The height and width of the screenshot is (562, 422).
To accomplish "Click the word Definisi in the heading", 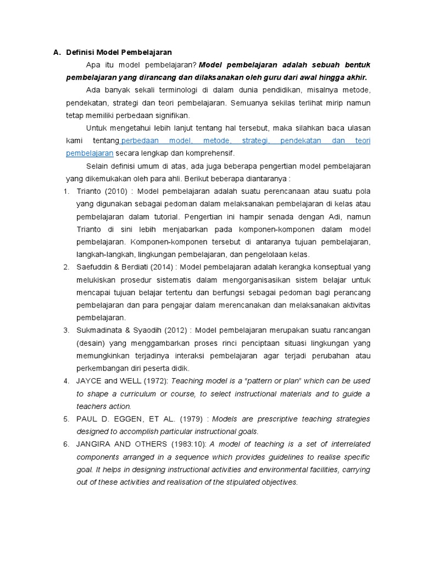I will click(x=80, y=53).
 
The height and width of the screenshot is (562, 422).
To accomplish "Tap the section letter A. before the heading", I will click(x=56, y=53).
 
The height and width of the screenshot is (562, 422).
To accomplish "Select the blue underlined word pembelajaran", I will click(x=89, y=153).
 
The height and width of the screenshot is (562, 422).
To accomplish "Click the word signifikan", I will click(x=172, y=115).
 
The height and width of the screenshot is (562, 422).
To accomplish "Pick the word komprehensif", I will click(x=214, y=153).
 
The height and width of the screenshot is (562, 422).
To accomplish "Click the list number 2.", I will click(x=65, y=267).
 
